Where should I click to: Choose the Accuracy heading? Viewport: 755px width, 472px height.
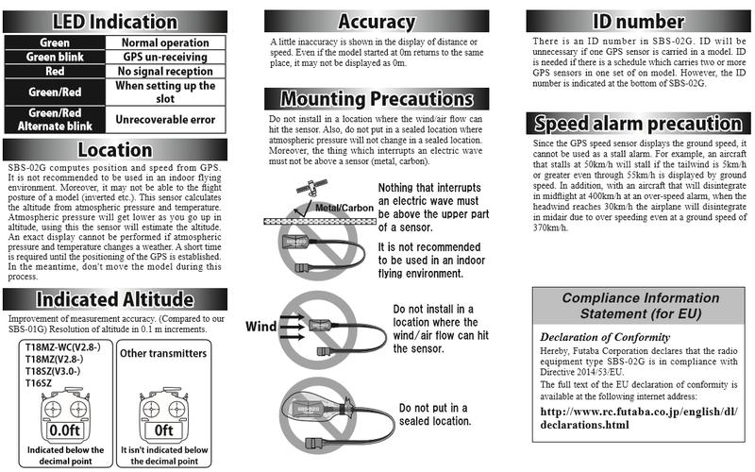pyautogui.click(x=377, y=20)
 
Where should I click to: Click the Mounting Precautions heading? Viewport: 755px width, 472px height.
pyautogui.click(x=377, y=98)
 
